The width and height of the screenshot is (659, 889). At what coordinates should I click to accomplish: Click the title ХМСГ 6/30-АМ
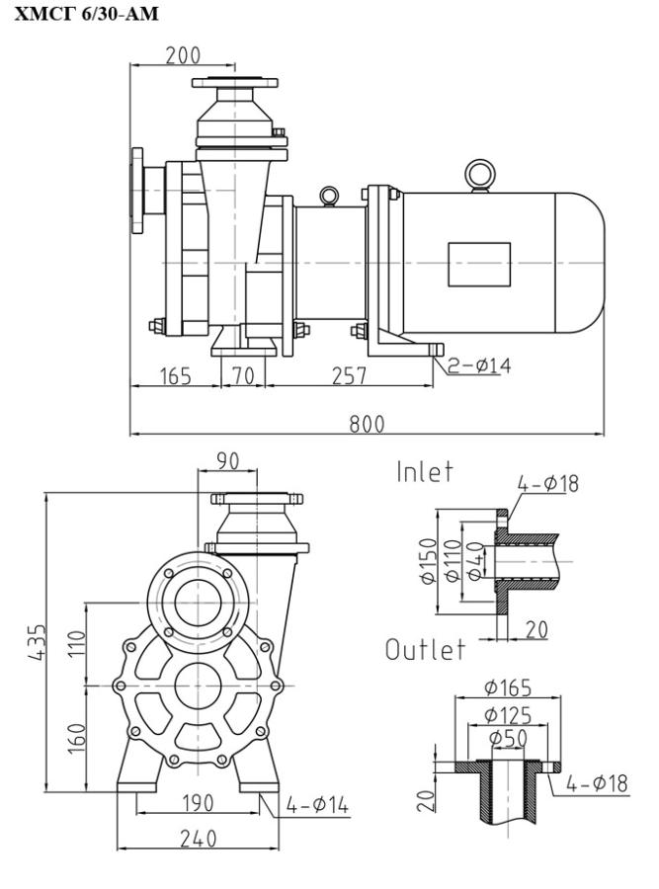(86, 13)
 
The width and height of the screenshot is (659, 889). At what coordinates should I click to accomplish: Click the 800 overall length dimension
(367, 424)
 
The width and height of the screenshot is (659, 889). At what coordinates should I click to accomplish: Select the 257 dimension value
(349, 376)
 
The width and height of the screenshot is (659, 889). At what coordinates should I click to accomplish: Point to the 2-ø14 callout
(479, 364)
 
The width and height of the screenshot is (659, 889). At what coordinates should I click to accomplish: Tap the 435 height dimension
(37, 642)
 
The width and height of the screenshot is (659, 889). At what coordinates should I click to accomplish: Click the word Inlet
(425, 472)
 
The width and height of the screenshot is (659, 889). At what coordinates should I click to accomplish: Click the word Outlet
(426, 650)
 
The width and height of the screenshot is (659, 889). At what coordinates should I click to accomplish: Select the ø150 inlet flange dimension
(429, 561)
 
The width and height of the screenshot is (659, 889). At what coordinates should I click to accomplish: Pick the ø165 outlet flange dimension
(508, 687)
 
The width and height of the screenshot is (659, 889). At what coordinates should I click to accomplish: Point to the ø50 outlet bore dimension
(508, 738)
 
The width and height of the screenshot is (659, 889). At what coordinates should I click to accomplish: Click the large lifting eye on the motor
(480, 175)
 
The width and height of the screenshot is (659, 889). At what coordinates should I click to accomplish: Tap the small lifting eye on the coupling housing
(329, 197)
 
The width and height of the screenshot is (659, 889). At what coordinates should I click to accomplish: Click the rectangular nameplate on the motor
(479, 265)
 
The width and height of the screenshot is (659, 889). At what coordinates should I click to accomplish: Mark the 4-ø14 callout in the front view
(317, 805)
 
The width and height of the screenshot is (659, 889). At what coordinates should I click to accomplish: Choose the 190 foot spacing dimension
(198, 803)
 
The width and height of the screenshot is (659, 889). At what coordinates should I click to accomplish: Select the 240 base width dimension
(198, 839)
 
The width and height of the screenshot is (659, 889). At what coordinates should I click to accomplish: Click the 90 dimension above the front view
(227, 461)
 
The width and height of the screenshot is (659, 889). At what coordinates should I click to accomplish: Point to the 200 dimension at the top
(183, 55)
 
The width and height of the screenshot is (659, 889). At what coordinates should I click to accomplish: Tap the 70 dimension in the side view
(243, 376)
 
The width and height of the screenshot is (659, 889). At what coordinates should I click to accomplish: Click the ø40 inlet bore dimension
(475, 561)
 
